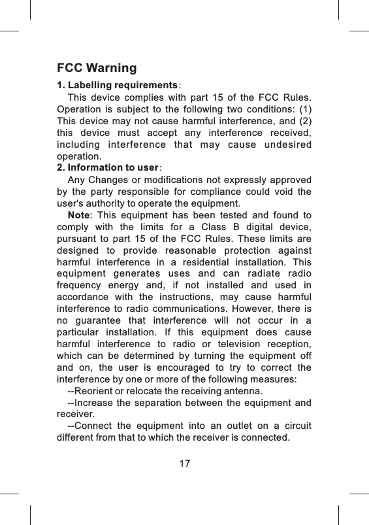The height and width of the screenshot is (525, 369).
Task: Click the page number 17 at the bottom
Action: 185,464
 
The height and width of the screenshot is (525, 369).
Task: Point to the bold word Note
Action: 78,215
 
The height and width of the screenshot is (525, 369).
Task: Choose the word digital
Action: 248,227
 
